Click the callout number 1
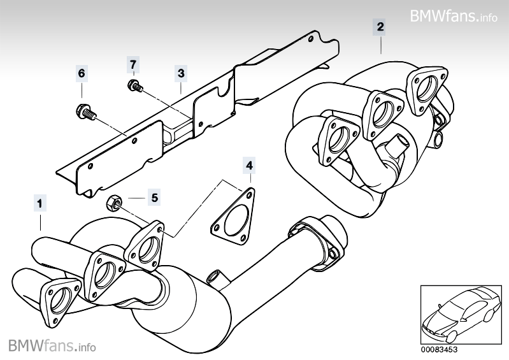coord(39,204)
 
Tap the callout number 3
coord(181,73)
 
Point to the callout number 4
coord(249,166)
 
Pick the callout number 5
coord(155,198)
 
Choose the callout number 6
coord(81,73)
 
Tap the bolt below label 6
coord(85,113)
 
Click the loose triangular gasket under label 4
coord(233,217)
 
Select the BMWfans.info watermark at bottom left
coord(52,346)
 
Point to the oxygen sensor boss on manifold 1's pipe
coord(214,277)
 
